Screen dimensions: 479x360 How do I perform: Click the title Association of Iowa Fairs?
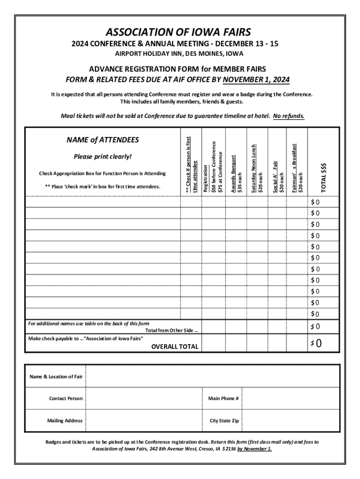(x=178, y=32)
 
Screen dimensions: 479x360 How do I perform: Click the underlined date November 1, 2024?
(x=256, y=80)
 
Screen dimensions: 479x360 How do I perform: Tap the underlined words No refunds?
(x=288, y=116)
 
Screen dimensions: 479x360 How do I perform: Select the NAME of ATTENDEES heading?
(x=102, y=140)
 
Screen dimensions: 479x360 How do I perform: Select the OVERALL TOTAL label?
(x=174, y=347)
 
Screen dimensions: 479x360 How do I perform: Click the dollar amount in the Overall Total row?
(x=316, y=344)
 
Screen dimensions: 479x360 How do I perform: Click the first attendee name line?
(x=103, y=202)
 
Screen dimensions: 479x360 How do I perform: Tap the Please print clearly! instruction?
(x=102, y=156)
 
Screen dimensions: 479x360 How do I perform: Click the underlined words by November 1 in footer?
(x=254, y=449)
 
